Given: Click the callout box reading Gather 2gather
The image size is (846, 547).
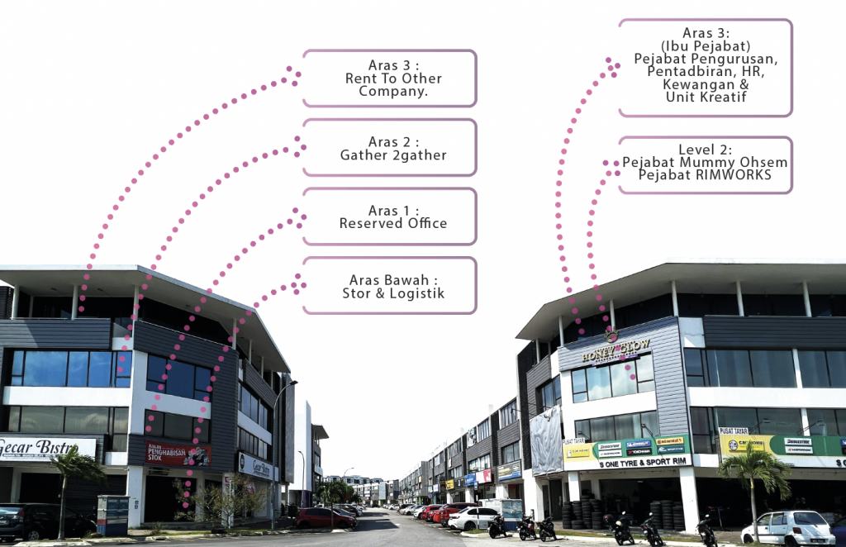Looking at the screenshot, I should coord(389,147).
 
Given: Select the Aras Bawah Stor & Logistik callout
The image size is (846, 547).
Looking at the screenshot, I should coord(389,285).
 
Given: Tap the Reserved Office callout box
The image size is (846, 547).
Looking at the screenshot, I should coord(389,216).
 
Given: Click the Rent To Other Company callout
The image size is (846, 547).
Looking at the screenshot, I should coord(389,78).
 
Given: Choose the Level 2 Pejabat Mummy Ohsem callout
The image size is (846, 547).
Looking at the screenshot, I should coord(705,164).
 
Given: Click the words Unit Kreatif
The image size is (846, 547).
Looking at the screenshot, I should coord(705,97).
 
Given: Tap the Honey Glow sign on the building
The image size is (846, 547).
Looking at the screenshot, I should coord(615,350).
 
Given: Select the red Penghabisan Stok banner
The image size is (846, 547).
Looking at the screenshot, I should coord(178,453).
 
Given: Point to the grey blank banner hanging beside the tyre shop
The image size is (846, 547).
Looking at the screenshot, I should coord(546,440).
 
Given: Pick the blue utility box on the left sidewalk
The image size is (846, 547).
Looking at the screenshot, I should coord(112,516).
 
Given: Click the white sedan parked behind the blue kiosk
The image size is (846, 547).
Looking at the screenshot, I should coord(474,518).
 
